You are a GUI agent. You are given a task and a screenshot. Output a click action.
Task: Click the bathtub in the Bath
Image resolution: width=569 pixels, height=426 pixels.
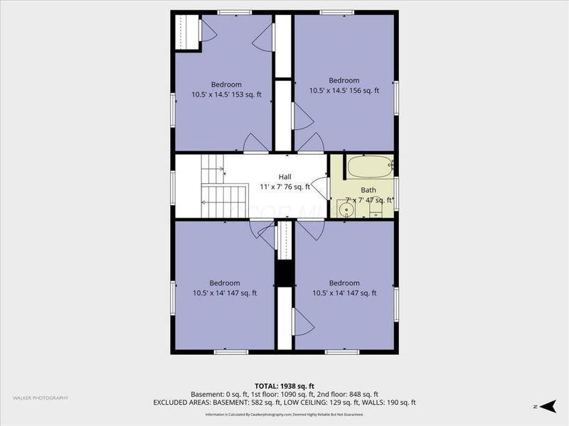tap(369, 168)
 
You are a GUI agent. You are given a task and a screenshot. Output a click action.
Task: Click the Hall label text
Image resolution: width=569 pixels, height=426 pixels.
tap(284, 177)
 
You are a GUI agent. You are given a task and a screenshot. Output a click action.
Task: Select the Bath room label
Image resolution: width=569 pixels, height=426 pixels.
tap(368, 190)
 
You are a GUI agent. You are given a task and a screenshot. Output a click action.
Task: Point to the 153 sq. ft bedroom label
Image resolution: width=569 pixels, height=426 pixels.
tap(226, 89)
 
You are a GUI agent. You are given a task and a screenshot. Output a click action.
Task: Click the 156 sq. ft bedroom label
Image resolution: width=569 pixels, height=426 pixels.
tap(344, 86)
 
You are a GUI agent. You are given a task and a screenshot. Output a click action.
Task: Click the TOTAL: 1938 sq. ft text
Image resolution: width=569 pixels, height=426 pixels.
tap(284, 386)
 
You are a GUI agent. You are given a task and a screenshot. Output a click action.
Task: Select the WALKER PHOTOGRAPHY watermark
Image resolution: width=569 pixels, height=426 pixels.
tap(41, 398)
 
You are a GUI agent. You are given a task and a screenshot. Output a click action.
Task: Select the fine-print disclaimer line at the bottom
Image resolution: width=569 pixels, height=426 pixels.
tap(284, 414)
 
